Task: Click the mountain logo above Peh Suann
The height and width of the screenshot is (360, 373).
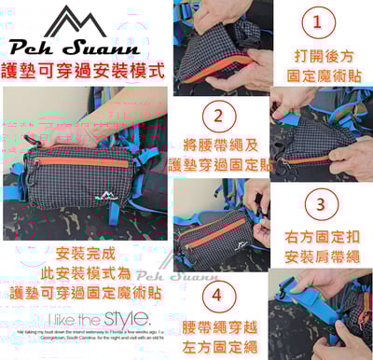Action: tap(76, 21)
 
